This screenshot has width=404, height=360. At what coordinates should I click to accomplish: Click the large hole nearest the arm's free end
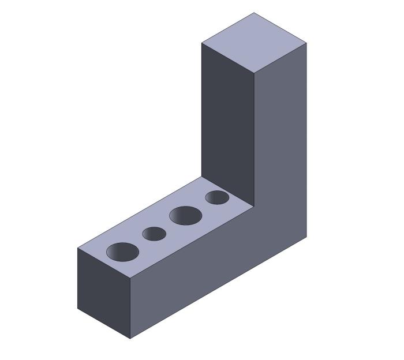123,252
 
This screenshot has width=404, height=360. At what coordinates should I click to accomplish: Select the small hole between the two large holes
154,234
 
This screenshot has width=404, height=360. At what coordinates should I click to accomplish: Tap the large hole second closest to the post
185,216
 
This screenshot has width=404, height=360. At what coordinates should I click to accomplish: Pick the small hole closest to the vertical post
217,197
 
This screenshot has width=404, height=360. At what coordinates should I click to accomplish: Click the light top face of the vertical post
254,42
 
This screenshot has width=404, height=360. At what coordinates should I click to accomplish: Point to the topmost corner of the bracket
254,13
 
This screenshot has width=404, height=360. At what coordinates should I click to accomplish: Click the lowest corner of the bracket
130,339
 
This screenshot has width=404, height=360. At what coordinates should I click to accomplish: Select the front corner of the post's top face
254,73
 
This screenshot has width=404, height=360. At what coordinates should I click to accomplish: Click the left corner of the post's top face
201,43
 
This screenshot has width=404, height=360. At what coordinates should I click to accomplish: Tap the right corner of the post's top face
306,43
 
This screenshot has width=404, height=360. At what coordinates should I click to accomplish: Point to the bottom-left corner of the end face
78,309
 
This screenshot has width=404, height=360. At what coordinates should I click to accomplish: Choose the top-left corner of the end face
78,248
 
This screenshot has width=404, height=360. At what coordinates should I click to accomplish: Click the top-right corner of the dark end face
130,278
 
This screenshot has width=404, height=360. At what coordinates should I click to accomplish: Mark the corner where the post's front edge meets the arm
254,207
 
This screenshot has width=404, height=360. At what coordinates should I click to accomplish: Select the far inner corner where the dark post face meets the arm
201,177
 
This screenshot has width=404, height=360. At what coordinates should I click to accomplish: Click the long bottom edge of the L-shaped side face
218,287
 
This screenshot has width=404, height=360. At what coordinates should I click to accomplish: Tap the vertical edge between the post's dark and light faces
254,138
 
